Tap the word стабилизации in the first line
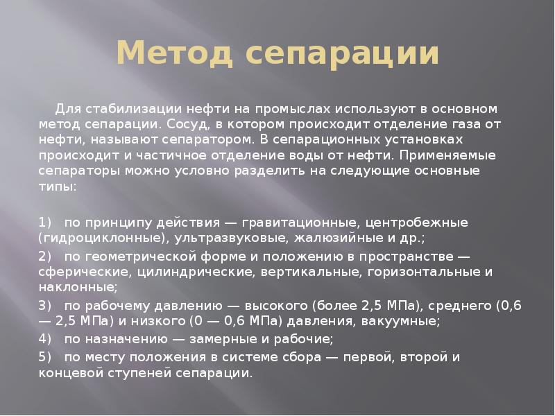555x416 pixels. [118, 109]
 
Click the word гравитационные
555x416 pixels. [302, 223]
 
